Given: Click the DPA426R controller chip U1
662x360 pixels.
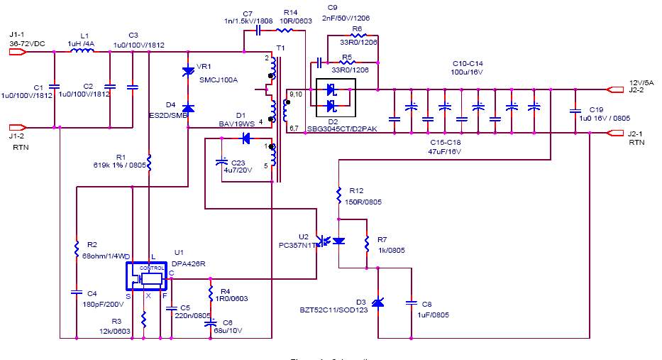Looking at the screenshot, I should click(148, 276).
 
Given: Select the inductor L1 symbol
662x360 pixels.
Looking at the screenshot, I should click(84, 50).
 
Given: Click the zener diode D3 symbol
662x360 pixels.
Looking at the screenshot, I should click(378, 302).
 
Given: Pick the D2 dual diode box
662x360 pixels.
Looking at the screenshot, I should click(335, 97).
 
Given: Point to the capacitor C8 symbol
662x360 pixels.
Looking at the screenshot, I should click(411, 303).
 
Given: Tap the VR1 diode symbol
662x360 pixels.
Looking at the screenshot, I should click(188, 70).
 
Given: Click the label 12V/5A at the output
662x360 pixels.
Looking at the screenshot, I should click(635, 82).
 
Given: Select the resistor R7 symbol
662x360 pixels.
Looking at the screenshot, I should click(367, 244).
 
